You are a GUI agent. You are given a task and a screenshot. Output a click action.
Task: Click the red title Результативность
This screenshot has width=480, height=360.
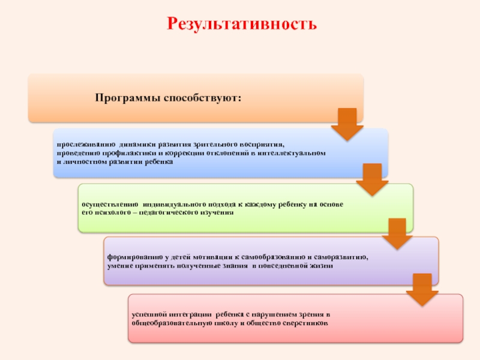click(x=240, y=24)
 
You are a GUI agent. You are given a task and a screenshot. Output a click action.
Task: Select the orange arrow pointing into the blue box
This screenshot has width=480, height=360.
click(x=347, y=124)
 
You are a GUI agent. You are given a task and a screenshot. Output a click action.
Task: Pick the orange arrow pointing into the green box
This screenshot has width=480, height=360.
click(x=372, y=180)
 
